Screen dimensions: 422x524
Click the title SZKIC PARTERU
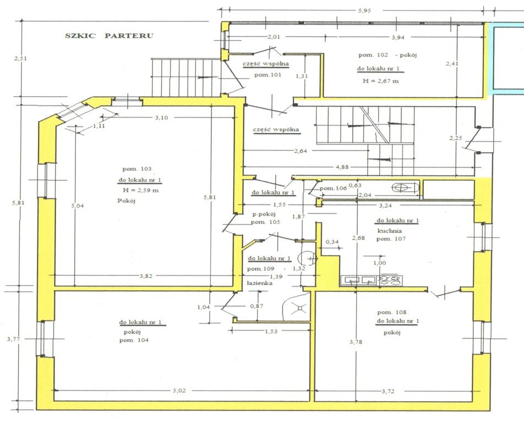pos(109,36)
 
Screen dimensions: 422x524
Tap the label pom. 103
pos(138,169)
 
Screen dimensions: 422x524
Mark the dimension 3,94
pos(397,37)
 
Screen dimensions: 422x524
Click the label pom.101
pos(262,75)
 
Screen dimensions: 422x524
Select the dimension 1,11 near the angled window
pos(99,126)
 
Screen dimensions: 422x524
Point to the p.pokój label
pos(263,214)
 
